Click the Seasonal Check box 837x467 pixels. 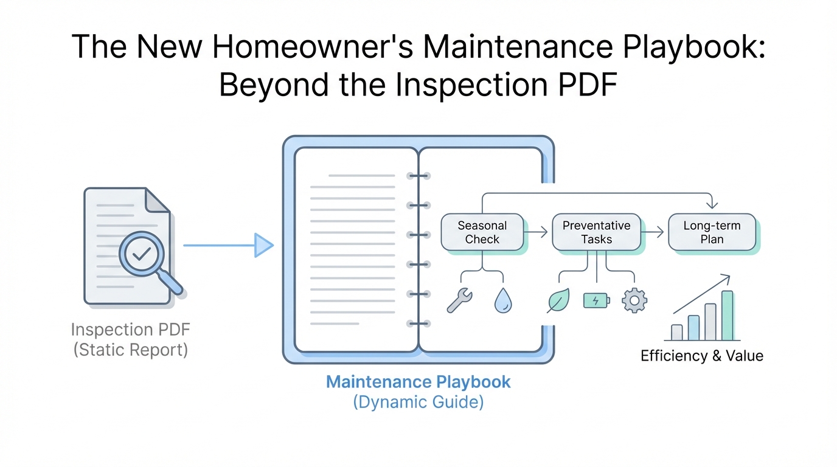coord(482,232)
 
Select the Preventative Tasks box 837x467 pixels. coord(596,232)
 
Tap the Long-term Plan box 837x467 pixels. coord(712,232)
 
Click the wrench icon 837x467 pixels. coord(459,300)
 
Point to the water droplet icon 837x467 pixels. coord(503,300)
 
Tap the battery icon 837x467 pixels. coord(596,300)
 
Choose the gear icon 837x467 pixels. coord(634,300)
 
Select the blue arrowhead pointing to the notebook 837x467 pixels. coord(263,245)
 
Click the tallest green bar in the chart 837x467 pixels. coord(728,316)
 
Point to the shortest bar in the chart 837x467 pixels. coord(677,332)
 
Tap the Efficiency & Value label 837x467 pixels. coord(701,356)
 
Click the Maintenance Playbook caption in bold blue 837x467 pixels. coord(418,382)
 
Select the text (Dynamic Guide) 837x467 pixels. coord(418,402)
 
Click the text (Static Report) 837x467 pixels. coord(130,350)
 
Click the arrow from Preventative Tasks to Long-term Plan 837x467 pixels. coord(654,232)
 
